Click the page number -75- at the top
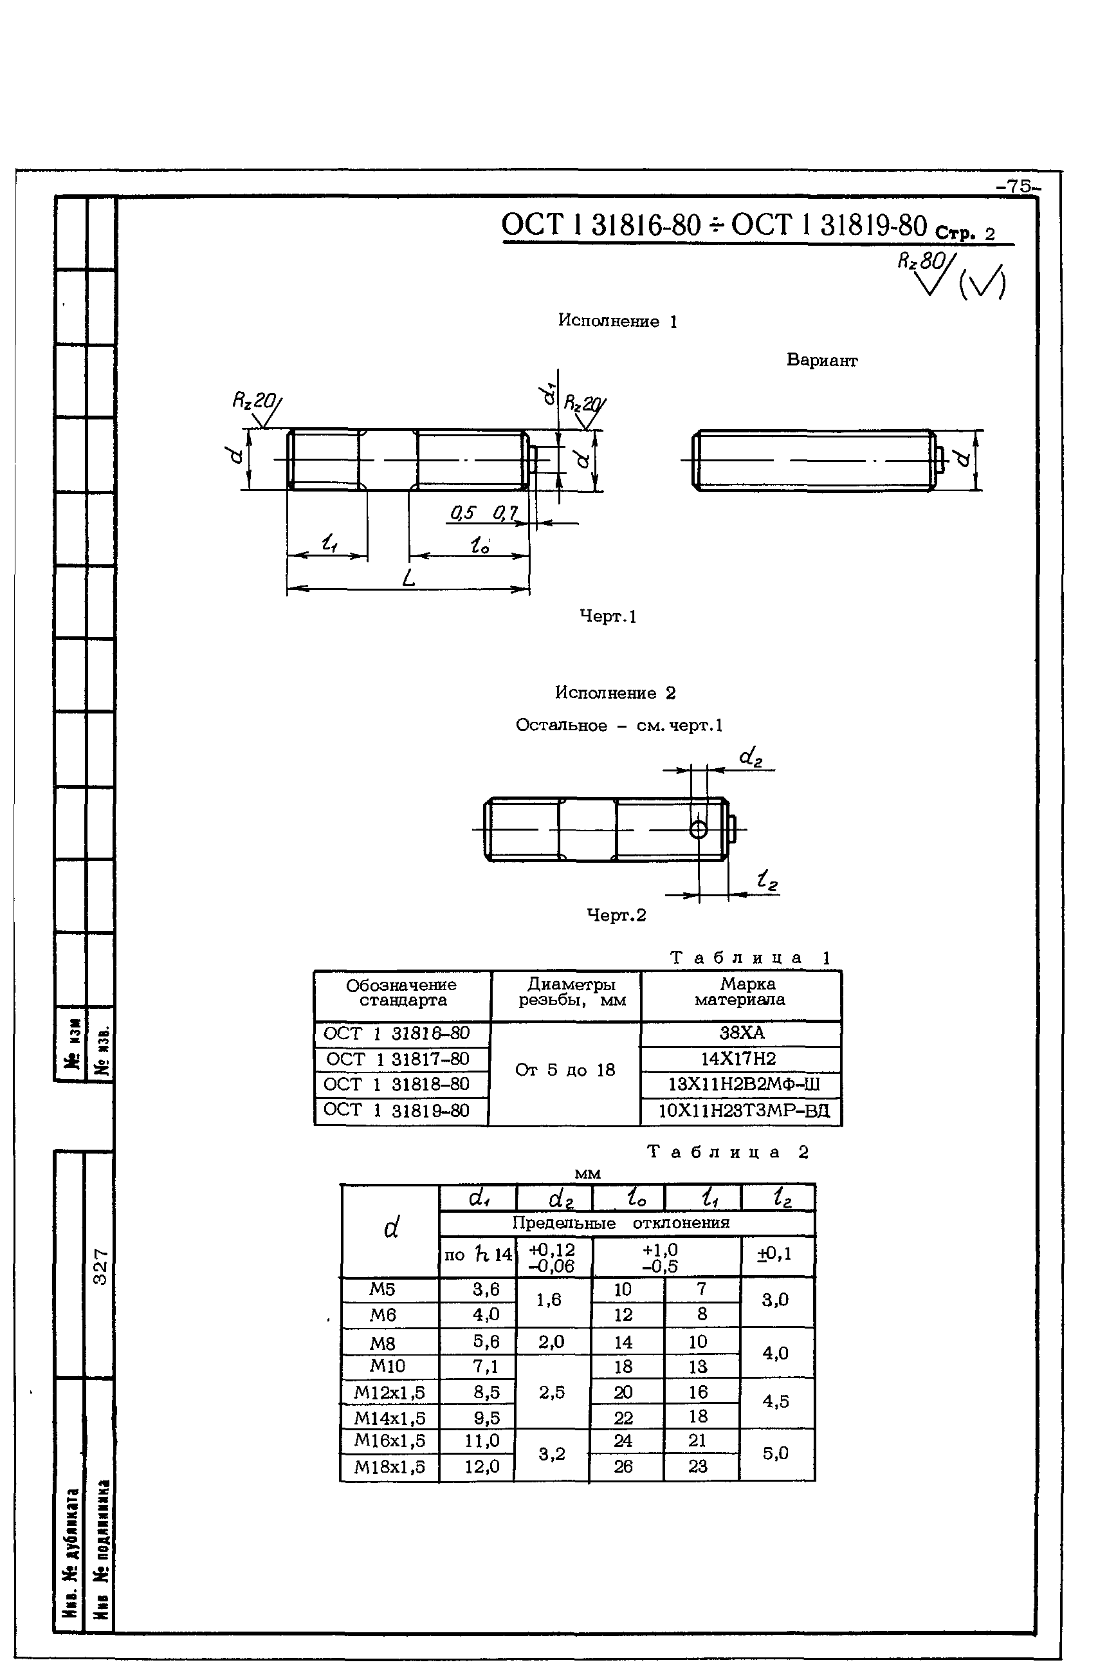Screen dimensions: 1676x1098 1018,187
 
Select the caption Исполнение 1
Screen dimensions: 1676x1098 618,321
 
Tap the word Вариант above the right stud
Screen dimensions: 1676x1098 821,360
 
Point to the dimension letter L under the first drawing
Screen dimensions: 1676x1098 409,579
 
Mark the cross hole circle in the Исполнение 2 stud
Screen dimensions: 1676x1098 698,829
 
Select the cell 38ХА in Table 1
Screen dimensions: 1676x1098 741,1033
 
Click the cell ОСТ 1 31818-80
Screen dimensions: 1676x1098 396,1083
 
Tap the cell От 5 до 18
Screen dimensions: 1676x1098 565,1071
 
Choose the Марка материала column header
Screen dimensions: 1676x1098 740,991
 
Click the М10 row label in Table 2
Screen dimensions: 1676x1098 388,1365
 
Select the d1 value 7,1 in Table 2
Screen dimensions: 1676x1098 486,1366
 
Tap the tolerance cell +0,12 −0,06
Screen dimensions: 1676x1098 553,1257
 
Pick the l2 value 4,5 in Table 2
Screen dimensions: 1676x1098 776,1401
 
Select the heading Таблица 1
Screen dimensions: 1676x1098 750,958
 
